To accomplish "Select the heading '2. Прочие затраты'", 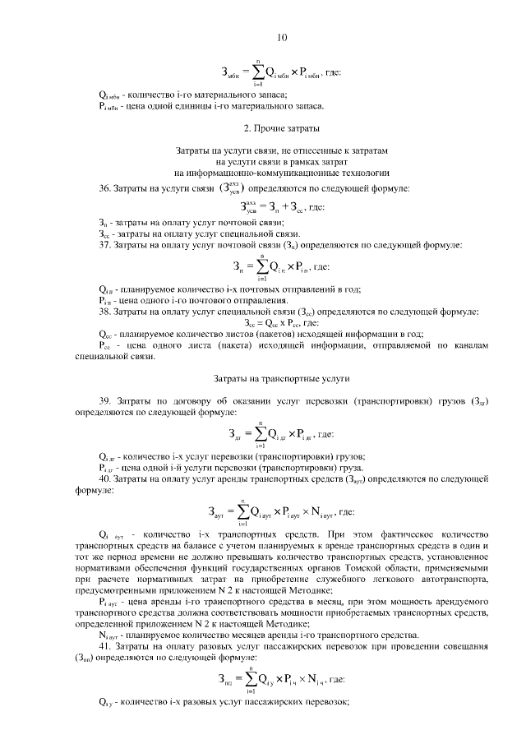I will click(x=282, y=129).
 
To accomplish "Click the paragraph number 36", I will click(x=104, y=189).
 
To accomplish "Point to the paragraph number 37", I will click(x=104, y=245).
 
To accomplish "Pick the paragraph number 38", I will click(x=104, y=312).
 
